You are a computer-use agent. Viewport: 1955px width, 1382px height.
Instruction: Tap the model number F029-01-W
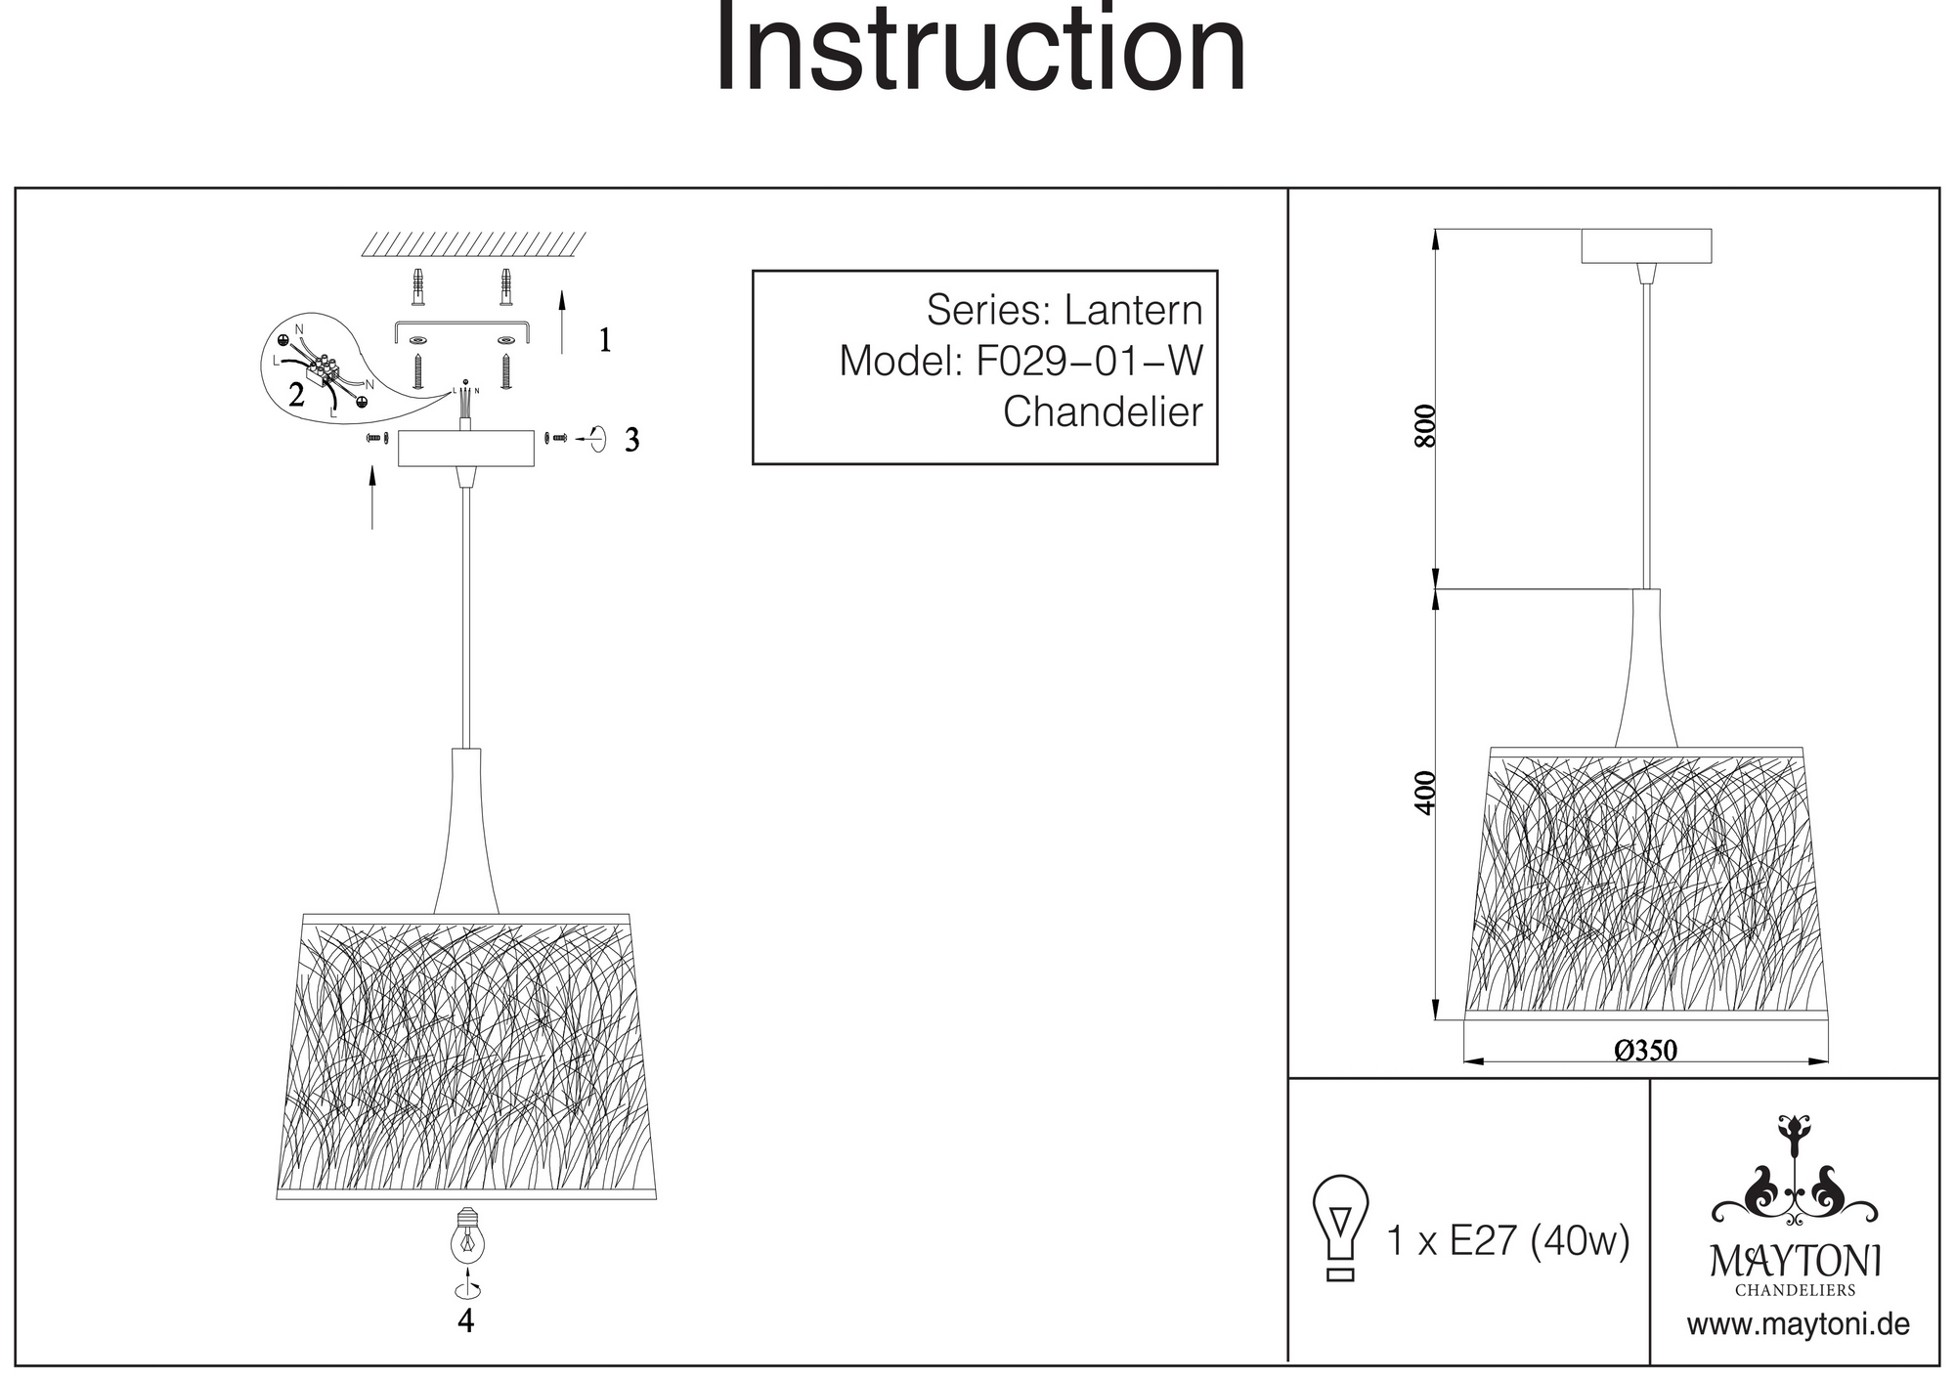[x=1089, y=362]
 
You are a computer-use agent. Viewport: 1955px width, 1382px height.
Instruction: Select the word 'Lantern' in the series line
[x=1133, y=311]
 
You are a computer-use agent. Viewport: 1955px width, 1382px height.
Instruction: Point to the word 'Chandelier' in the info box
[x=1103, y=412]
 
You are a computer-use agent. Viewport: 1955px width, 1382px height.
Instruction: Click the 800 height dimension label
[x=1426, y=425]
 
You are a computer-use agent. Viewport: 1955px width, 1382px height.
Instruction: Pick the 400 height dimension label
[x=1426, y=793]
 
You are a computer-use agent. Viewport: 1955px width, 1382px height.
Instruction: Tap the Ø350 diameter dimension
[x=1646, y=1051]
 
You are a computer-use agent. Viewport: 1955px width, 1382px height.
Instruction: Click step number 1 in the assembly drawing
[x=605, y=340]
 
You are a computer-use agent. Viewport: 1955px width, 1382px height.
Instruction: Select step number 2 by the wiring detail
[x=296, y=395]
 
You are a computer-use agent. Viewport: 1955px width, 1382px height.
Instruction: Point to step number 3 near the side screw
[x=632, y=441]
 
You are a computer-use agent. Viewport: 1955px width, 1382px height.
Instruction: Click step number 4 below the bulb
[x=466, y=1321]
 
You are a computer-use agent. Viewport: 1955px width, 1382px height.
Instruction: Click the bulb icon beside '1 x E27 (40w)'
[x=1340, y=1228]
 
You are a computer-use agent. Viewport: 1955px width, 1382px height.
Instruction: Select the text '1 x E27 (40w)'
[x=1508, y=1241]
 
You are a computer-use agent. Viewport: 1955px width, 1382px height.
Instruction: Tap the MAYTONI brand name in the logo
[x=1795, y=1261]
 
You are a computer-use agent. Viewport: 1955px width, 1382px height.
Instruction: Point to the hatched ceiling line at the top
[x=473, y=244]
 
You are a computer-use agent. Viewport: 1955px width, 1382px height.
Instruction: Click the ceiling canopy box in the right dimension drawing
[x=1646, y=245]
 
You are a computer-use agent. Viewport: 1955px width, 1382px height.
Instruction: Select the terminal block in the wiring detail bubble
[x=322, y=370]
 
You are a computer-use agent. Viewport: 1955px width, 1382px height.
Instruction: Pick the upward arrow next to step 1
[x=562, y=321]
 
